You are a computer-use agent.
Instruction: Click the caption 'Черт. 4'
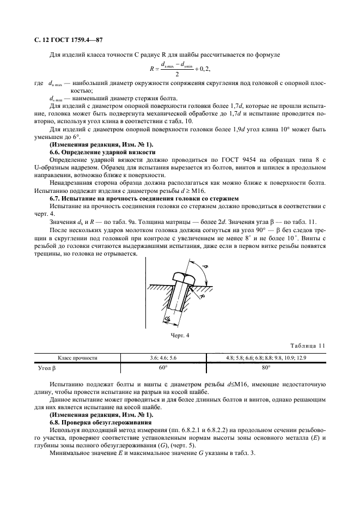[180, 335]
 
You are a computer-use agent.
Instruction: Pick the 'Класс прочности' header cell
[78, 358]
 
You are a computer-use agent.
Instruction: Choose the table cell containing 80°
[266, 368]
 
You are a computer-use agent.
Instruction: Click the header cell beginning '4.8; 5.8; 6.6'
[266, 358]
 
